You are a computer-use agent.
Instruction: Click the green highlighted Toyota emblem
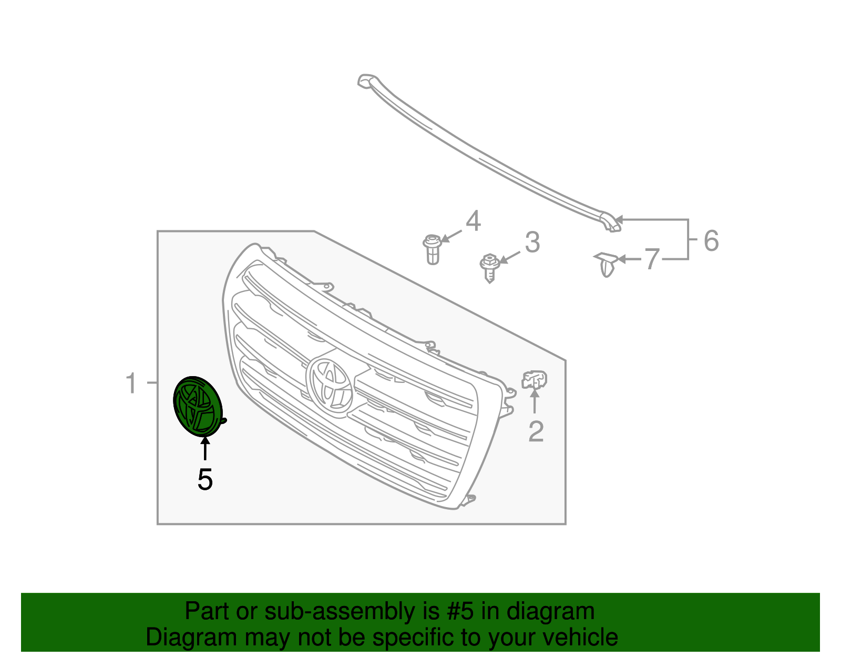[x=198, y=406]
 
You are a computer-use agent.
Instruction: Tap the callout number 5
[x=205, y=479]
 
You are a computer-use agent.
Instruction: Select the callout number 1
[x=131, y=383]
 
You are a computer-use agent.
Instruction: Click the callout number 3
[x=532, y=242]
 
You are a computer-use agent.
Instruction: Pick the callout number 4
[x=473, y=221]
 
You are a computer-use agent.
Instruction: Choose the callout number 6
[x=711, y=240]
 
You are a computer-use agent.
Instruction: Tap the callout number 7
[x=652, y=259]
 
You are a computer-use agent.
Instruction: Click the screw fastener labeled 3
[x=489, y=268]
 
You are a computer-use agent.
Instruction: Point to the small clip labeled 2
[x=535, y=379]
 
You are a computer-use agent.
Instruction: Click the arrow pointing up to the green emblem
[x=205, y=448]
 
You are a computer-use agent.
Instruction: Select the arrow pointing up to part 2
[x=535, y=401]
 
